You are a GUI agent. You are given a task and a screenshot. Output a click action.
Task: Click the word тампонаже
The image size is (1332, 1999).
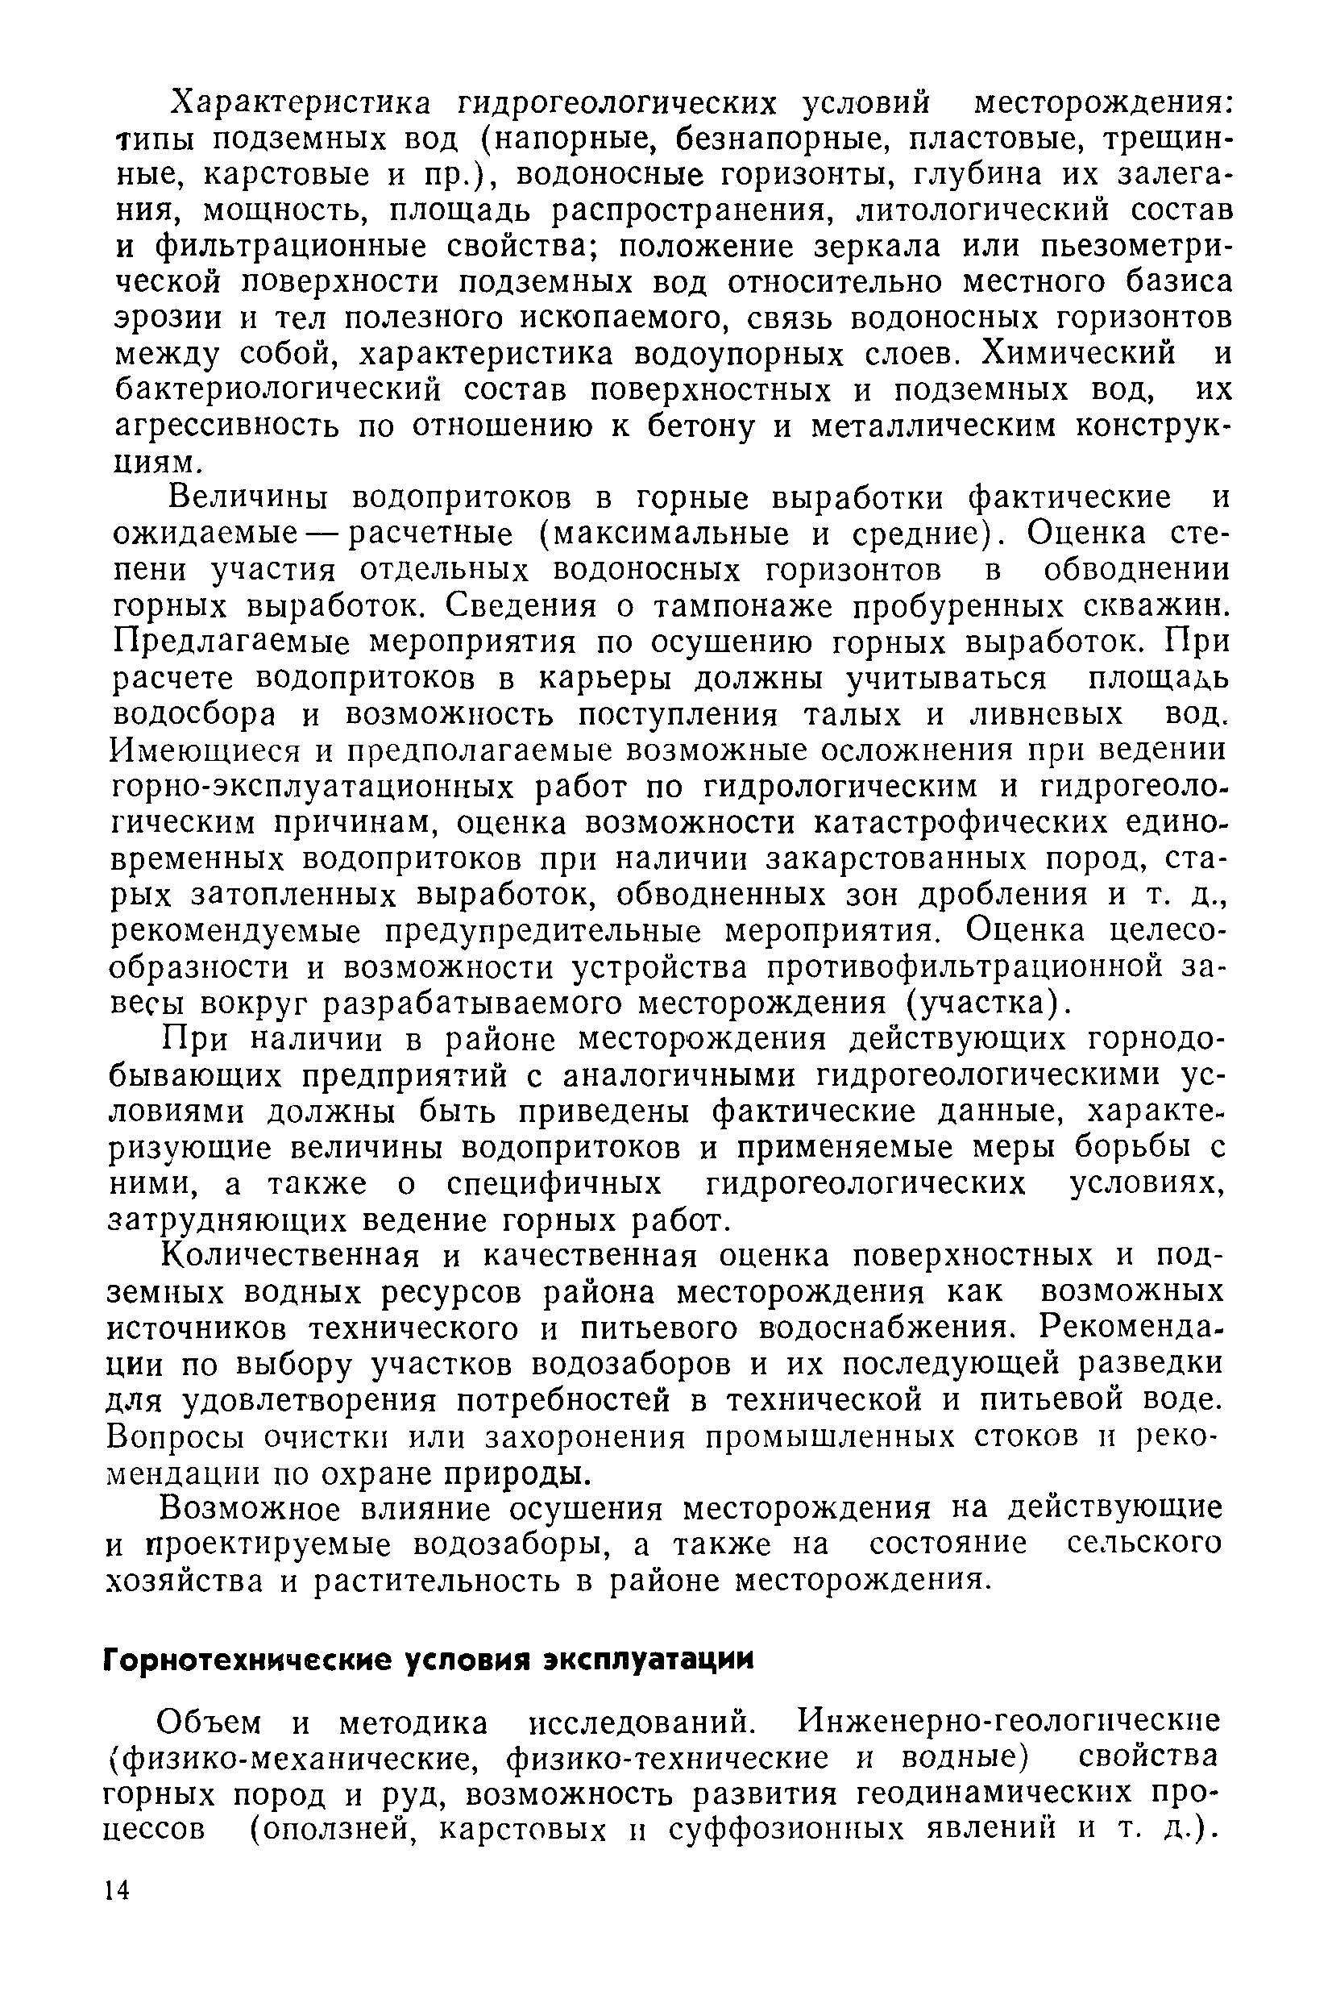737,607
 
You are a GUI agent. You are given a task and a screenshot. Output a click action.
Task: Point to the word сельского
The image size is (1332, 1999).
1144,1544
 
